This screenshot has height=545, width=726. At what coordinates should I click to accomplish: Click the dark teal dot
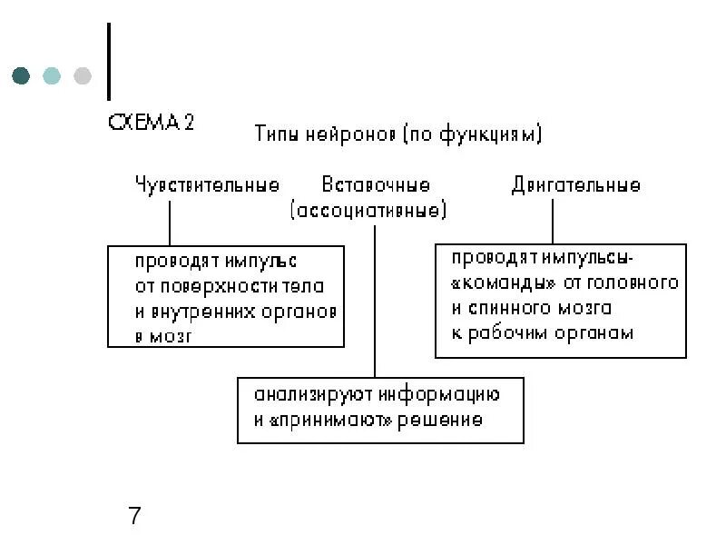click(22, 75)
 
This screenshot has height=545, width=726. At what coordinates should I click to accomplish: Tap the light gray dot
click(83, 75)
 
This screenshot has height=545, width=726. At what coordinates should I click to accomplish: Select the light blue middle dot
click(52, 75)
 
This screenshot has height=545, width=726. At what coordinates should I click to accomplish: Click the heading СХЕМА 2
click(151, 123)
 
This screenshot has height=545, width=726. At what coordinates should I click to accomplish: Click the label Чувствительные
click(206, 185)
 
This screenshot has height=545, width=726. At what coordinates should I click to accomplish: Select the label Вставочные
click(376, 185)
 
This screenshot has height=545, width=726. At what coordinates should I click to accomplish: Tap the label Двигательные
click(575, 185)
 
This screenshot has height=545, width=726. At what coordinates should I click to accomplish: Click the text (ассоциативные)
click(368, 212)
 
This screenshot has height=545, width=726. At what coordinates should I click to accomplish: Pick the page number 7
click(134, 517)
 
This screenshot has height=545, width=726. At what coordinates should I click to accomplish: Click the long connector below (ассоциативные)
click(375, 300)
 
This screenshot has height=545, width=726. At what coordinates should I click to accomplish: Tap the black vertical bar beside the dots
click(109, 62)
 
